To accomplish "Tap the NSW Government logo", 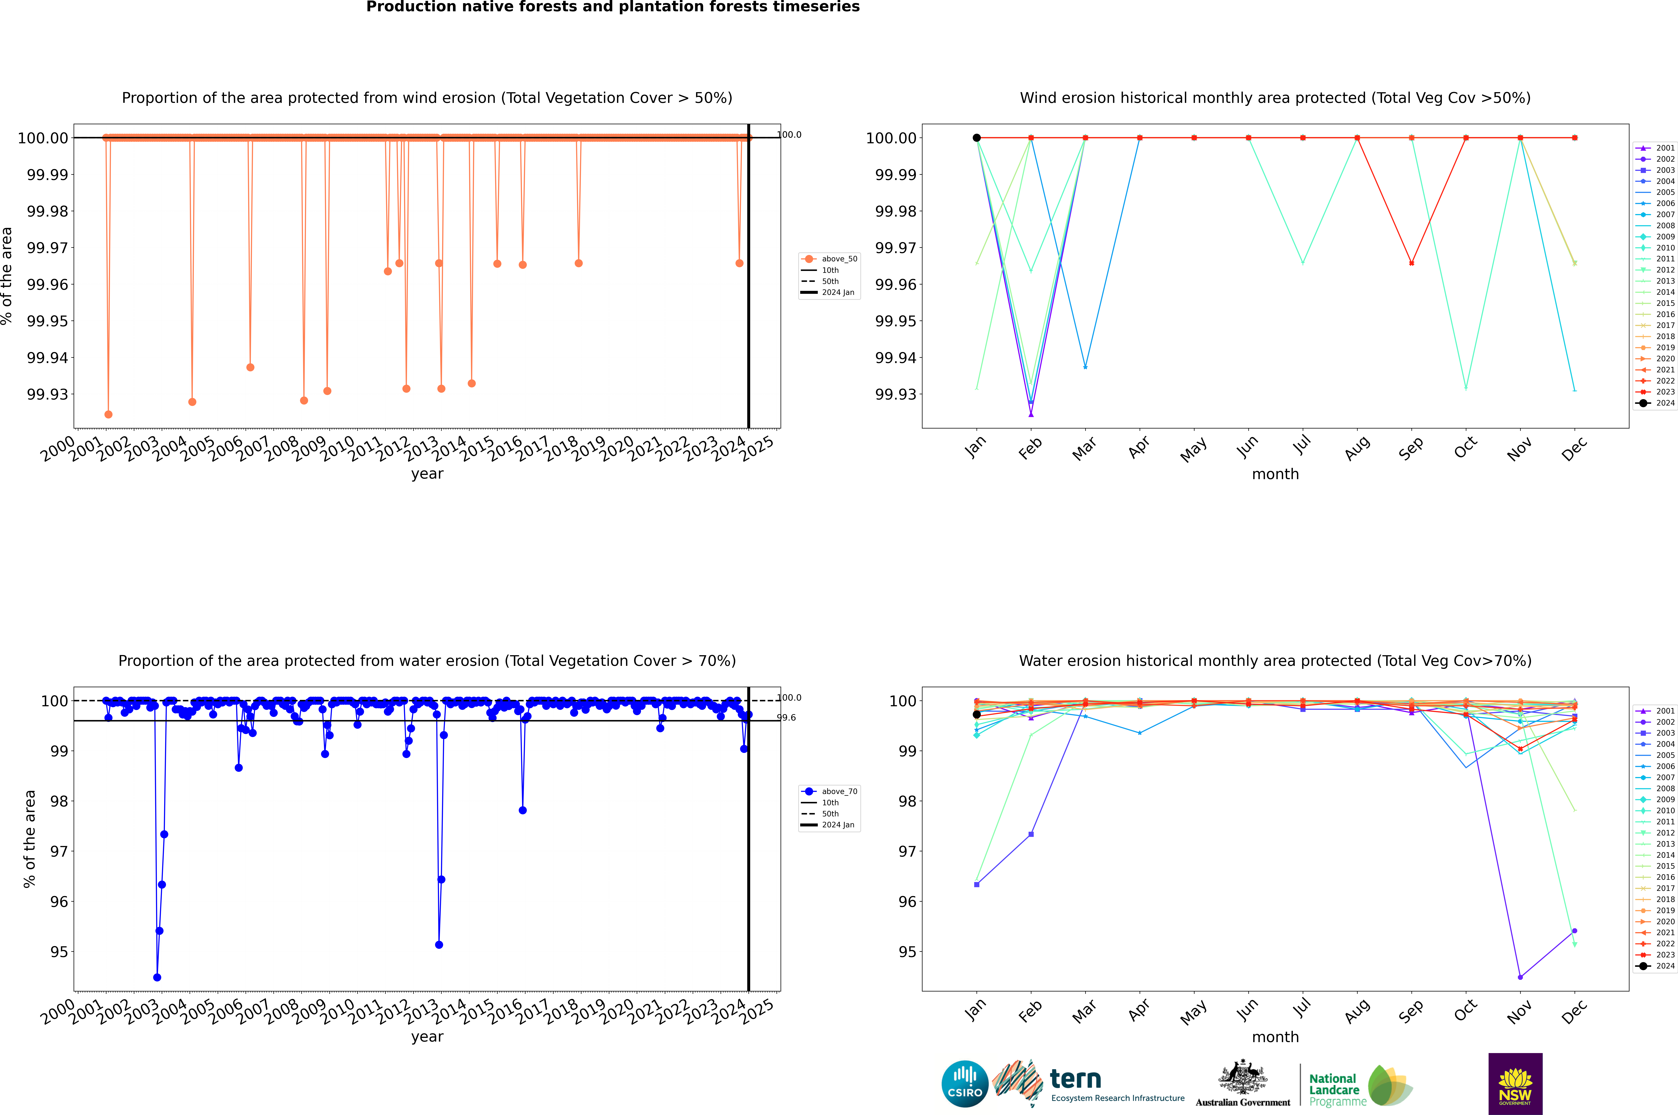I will point(1515,1084).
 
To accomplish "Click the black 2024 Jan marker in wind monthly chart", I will point(977,138).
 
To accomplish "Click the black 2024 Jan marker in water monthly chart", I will point(977,715).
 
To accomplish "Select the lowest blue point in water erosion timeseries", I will point(157,977).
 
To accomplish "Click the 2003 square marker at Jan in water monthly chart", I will point(977,885).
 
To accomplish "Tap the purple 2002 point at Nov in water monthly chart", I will point(1520,977).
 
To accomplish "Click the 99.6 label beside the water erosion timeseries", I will point(786,718).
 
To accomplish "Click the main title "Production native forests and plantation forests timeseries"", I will point(613,7).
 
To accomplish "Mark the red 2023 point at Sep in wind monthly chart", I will point(1411,263).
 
